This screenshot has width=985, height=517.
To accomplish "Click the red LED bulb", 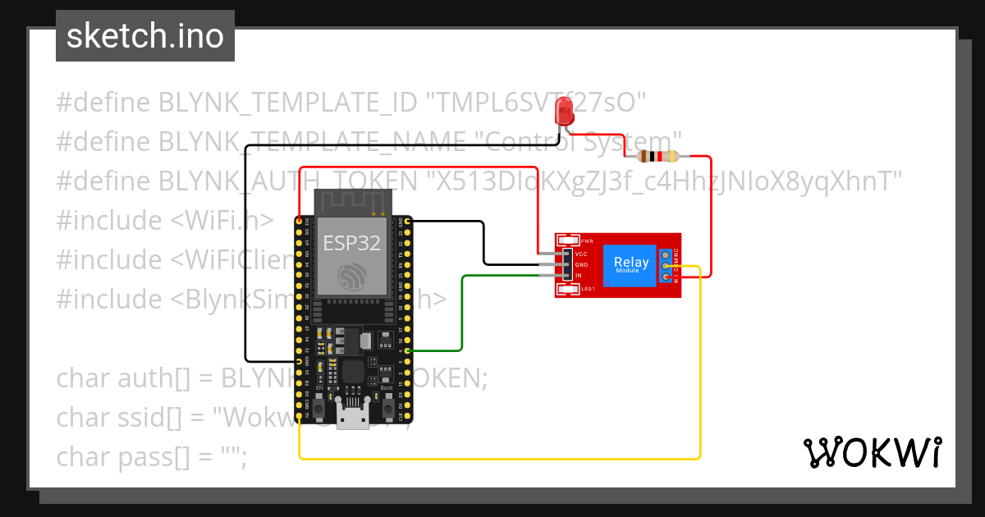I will tap(564, 110).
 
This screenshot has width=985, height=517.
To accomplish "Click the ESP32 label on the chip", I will tap(350, 243).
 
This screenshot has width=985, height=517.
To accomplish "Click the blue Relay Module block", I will tap(631, 265).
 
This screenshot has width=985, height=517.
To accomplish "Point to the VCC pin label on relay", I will tap(581, 254).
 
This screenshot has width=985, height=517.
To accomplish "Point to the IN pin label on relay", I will tap(579, 275).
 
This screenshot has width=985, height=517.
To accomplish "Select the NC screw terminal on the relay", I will tap(666, 254).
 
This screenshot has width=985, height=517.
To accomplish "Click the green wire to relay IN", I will tap(464, 312).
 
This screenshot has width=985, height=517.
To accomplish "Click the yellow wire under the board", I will tap(492, 458).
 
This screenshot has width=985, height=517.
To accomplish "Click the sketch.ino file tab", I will tap(145, 36).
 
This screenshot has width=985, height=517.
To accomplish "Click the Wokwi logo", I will tap(872, 452).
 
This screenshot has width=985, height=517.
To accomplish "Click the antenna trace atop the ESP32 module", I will tap(351, 201).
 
